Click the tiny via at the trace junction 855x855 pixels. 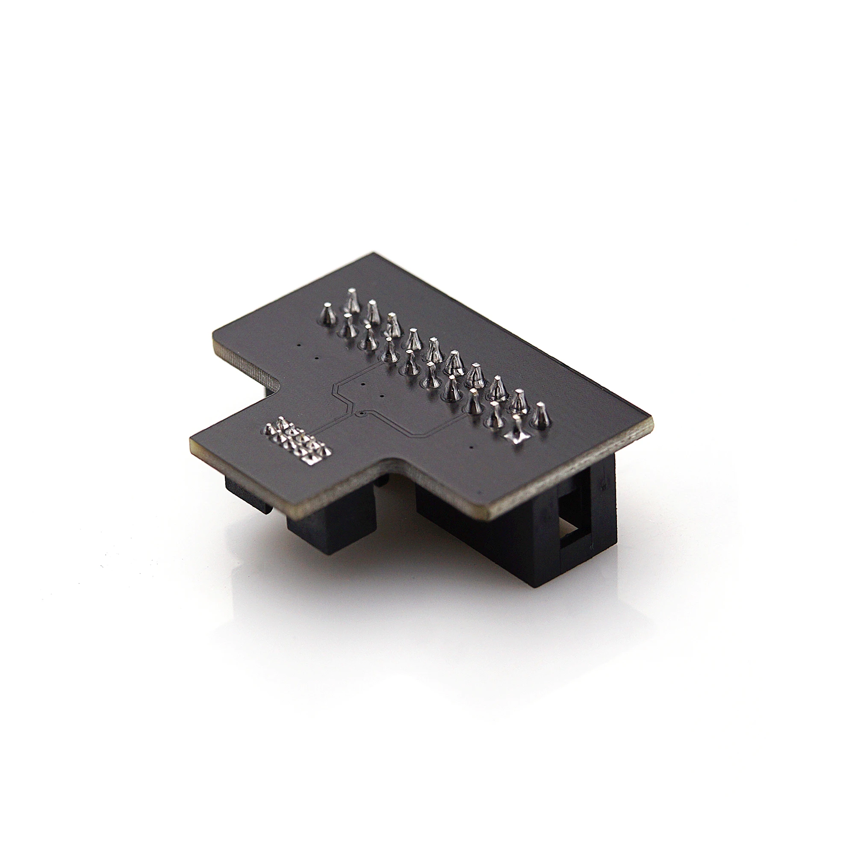pyautogui.click(x=362, y=413)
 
